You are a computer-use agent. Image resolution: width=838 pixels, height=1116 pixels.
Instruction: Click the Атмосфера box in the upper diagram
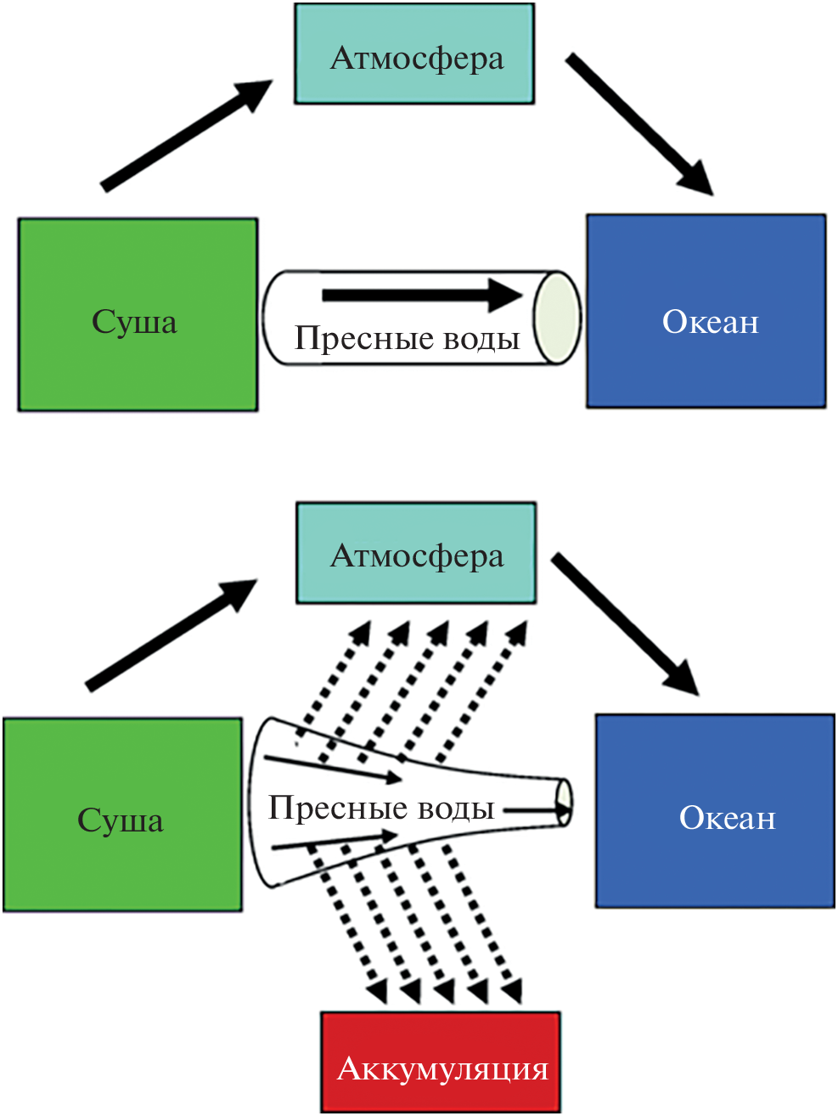(x=414, y=54)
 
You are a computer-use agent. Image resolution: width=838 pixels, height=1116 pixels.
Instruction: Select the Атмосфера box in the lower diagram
(x=416, y=553)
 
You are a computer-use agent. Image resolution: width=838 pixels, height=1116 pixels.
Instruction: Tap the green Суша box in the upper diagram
(x=138, y=315)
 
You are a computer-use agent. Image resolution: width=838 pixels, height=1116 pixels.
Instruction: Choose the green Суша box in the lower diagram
(x=122, y=814)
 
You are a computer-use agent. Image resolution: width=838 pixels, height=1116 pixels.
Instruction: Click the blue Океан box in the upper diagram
(x=706, y=312)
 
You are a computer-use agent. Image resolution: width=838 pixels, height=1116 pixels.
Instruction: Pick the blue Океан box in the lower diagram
(x=715, y=811)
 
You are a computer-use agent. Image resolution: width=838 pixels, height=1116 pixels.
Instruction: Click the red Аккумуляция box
(x=441, y=1062)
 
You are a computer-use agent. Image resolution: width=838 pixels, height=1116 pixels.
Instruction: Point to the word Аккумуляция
(x=443, y=1069)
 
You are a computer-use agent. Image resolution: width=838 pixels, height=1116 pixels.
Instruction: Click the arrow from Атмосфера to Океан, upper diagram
(x=638, y=123)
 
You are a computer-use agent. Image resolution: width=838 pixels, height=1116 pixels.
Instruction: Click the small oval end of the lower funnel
(x=563, y=802)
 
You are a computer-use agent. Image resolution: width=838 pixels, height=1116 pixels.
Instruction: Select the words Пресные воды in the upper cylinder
(x=407, y=338)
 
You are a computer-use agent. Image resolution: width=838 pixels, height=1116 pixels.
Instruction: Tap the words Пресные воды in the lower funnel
(x=381, y=808)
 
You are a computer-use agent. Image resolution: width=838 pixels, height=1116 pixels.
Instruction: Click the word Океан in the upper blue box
(x=711, y=322)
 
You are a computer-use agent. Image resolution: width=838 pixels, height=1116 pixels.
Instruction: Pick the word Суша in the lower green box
(x=121, y=820)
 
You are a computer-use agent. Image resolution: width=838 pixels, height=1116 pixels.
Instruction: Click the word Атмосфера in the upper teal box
(x=417, y=59)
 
